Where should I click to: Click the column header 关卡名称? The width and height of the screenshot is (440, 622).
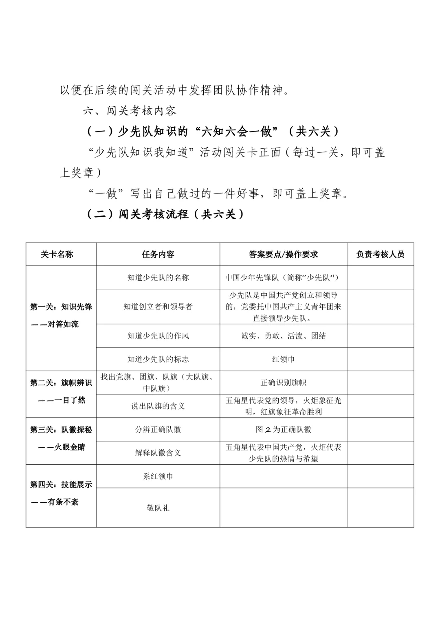pos(57,255)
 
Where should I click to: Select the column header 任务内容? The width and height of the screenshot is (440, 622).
pos(158,255)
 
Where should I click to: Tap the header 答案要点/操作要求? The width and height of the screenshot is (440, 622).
pos(283,255)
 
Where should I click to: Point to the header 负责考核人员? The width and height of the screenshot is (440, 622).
pos(380,255)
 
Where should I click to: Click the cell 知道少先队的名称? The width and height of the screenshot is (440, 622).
pos(158,278)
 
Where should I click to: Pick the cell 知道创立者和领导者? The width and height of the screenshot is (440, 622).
pos(158,307)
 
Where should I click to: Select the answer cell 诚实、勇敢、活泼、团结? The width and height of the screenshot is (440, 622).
pos(283,336)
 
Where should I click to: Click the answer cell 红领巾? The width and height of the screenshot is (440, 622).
pos(283,359)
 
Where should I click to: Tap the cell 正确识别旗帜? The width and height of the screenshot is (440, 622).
pos(283,383)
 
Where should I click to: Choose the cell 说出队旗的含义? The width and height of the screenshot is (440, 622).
pos(158,406)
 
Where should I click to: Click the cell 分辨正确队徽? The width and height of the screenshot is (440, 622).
pos(158,429)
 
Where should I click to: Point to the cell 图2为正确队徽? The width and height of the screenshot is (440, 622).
pos(283,429)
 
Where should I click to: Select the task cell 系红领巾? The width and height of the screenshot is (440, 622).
pos(158,476)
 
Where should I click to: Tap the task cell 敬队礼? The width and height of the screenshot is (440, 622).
pos(158,508)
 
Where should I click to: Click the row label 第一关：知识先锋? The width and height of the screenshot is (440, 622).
pos(61,307)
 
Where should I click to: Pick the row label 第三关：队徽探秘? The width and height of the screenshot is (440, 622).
pos(61,430)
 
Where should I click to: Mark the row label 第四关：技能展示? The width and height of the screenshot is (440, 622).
pos(61,485)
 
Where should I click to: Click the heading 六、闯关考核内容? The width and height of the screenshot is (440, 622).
pos(130,111)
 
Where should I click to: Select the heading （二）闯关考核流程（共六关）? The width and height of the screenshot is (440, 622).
pos(165,214)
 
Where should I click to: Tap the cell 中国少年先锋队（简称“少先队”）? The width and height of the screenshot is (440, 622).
pos(283,278)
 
